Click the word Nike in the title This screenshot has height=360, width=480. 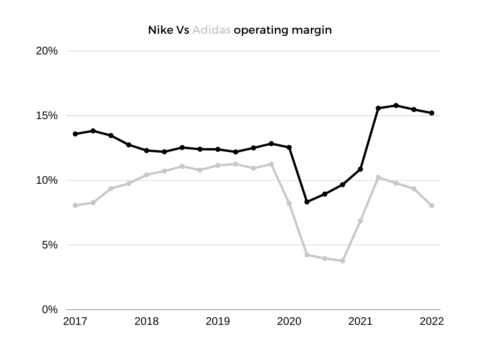158,30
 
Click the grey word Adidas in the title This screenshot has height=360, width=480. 211,30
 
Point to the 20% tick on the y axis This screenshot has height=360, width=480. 47,51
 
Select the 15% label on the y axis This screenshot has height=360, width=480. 47,116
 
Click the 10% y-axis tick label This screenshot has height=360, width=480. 47,180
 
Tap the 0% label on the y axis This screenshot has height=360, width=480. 50,310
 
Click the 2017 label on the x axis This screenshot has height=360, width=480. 75,322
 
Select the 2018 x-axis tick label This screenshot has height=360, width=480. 146,322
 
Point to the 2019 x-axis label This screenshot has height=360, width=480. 217,322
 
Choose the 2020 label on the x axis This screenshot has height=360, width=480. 289,322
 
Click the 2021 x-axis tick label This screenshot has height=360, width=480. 360,322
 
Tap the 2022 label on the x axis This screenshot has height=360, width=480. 432,322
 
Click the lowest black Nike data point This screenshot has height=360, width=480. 307,202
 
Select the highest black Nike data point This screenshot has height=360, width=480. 396,105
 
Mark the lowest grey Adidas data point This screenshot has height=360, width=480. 343,261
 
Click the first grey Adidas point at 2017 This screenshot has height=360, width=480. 75,205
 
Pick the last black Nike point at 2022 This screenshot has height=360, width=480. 432,113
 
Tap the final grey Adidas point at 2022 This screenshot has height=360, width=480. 432,206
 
